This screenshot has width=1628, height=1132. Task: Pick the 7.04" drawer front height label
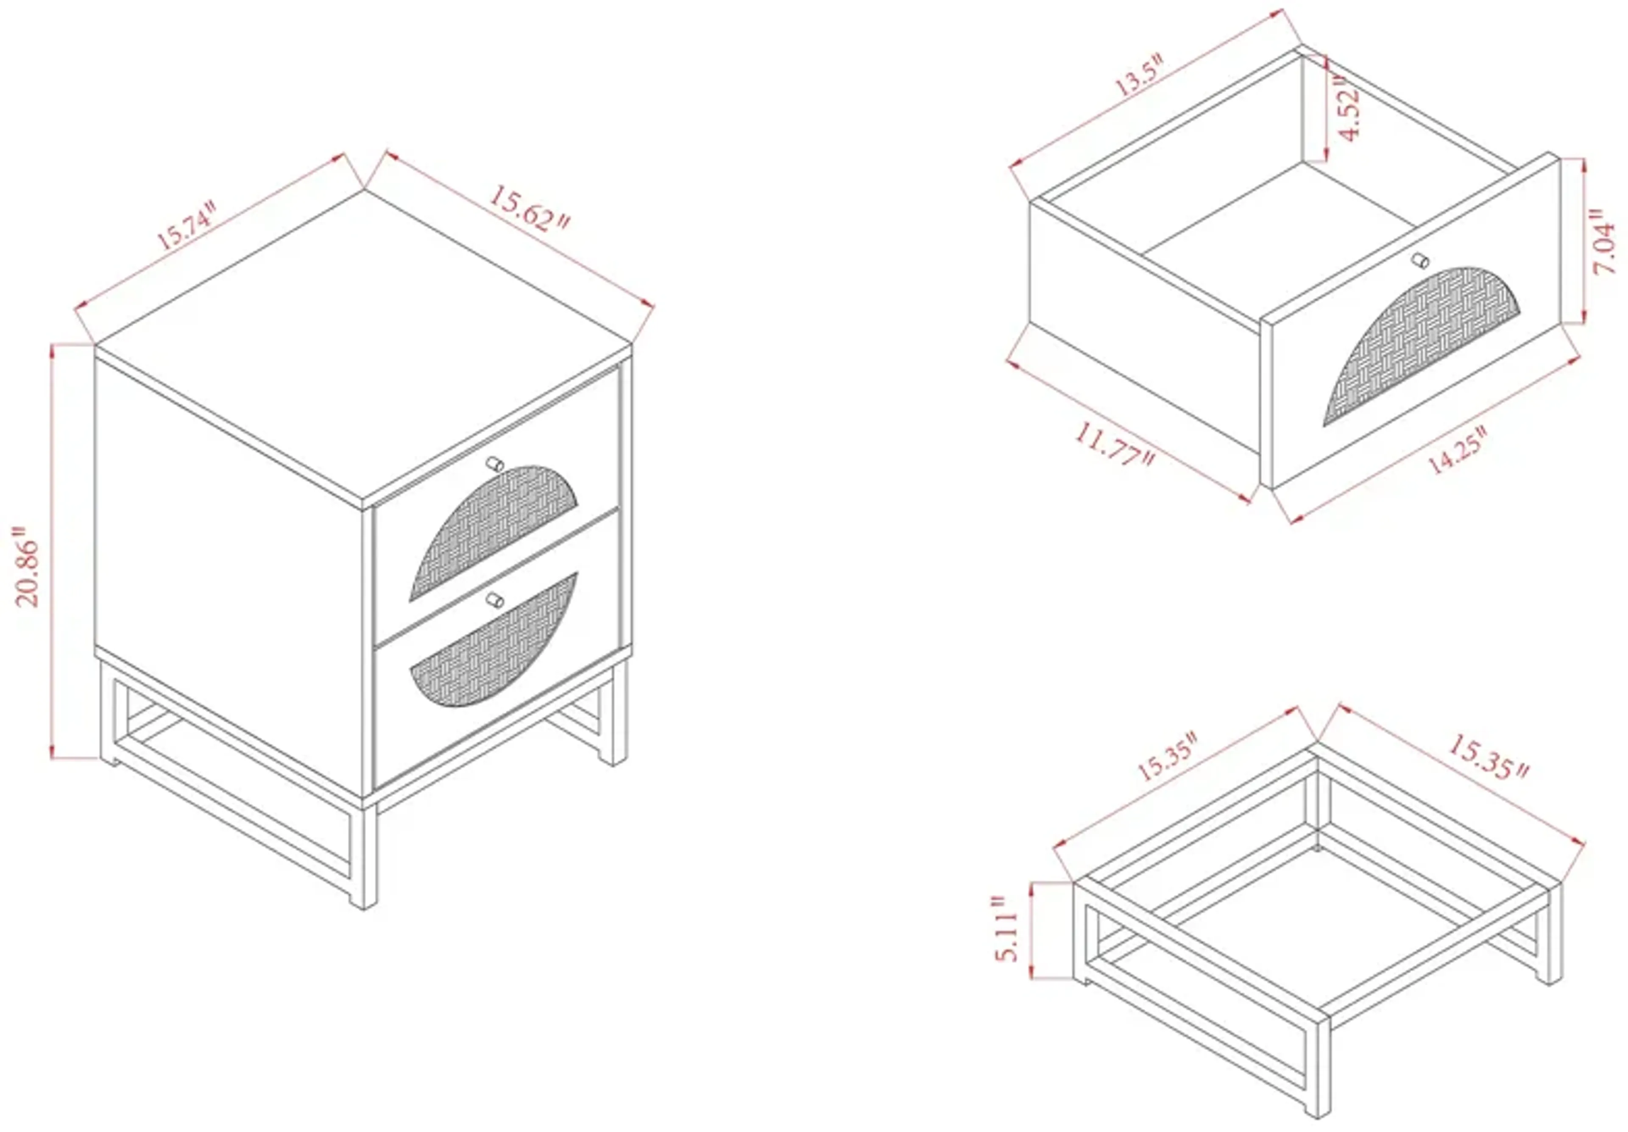click(1605, 241)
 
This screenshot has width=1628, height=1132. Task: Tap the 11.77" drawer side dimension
click(1114, 445)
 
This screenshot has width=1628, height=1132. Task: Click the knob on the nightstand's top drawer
click(495, 464)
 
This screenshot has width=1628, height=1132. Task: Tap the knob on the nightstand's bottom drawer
click(495, 601)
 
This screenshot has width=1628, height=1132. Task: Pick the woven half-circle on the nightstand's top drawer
click(489, 531)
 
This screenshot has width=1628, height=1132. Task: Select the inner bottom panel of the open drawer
click(1276, 220)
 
